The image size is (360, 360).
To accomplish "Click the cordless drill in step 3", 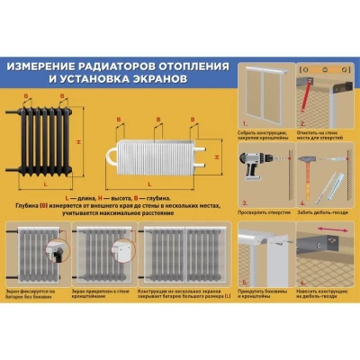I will click(x=255, y=161).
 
